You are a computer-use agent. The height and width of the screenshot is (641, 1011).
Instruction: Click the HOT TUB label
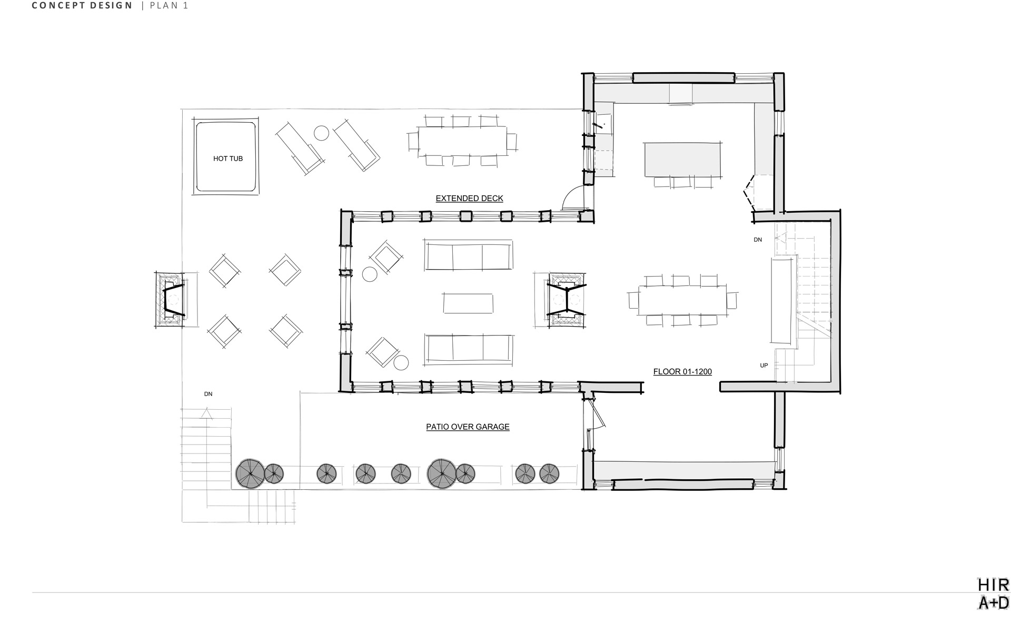[228, 159]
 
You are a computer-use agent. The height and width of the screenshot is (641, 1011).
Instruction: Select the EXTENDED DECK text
[469, 199]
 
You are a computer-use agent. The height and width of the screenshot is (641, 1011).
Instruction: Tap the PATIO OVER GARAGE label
[468, 427]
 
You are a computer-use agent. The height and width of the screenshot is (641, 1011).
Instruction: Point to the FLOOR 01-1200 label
[682, 372]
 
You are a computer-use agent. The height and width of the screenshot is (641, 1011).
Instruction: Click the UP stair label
[764, 366]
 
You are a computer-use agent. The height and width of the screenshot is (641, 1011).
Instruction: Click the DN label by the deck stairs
[208, 394]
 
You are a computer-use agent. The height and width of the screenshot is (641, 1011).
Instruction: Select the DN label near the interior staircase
[758, 240]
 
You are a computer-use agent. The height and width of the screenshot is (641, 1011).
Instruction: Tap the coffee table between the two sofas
[468, 303]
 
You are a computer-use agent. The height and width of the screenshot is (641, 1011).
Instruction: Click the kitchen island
[682, 159]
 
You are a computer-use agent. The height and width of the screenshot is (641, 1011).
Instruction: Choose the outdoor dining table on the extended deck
[462, 141]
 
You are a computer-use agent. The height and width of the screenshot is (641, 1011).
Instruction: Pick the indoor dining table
[682, 300]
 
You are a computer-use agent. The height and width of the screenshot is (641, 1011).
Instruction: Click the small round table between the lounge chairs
[321, 133]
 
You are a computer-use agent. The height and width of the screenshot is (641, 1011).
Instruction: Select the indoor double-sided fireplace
[566, 300]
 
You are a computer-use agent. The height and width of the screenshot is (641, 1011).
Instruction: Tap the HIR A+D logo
[993, 593]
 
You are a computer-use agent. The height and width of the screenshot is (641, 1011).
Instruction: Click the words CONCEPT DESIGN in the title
[82, 6]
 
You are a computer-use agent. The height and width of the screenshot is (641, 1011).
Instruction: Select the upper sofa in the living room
[468, 255]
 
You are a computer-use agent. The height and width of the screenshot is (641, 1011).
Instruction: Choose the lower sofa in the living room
[468, 349]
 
